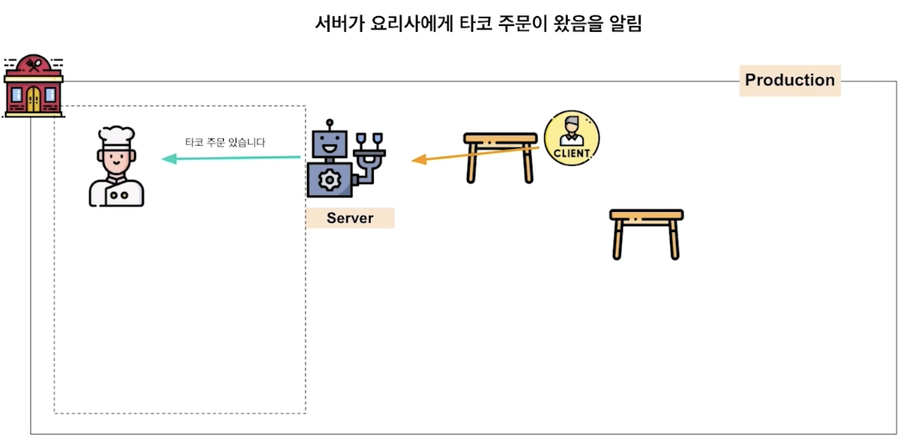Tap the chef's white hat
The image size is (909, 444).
115,137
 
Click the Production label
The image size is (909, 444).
790,80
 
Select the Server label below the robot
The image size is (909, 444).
350,219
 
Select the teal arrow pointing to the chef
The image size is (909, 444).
231,157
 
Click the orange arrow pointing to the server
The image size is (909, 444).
474,153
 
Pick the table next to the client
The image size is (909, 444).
501,156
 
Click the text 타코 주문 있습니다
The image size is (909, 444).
225,142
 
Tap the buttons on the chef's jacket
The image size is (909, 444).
119,194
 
